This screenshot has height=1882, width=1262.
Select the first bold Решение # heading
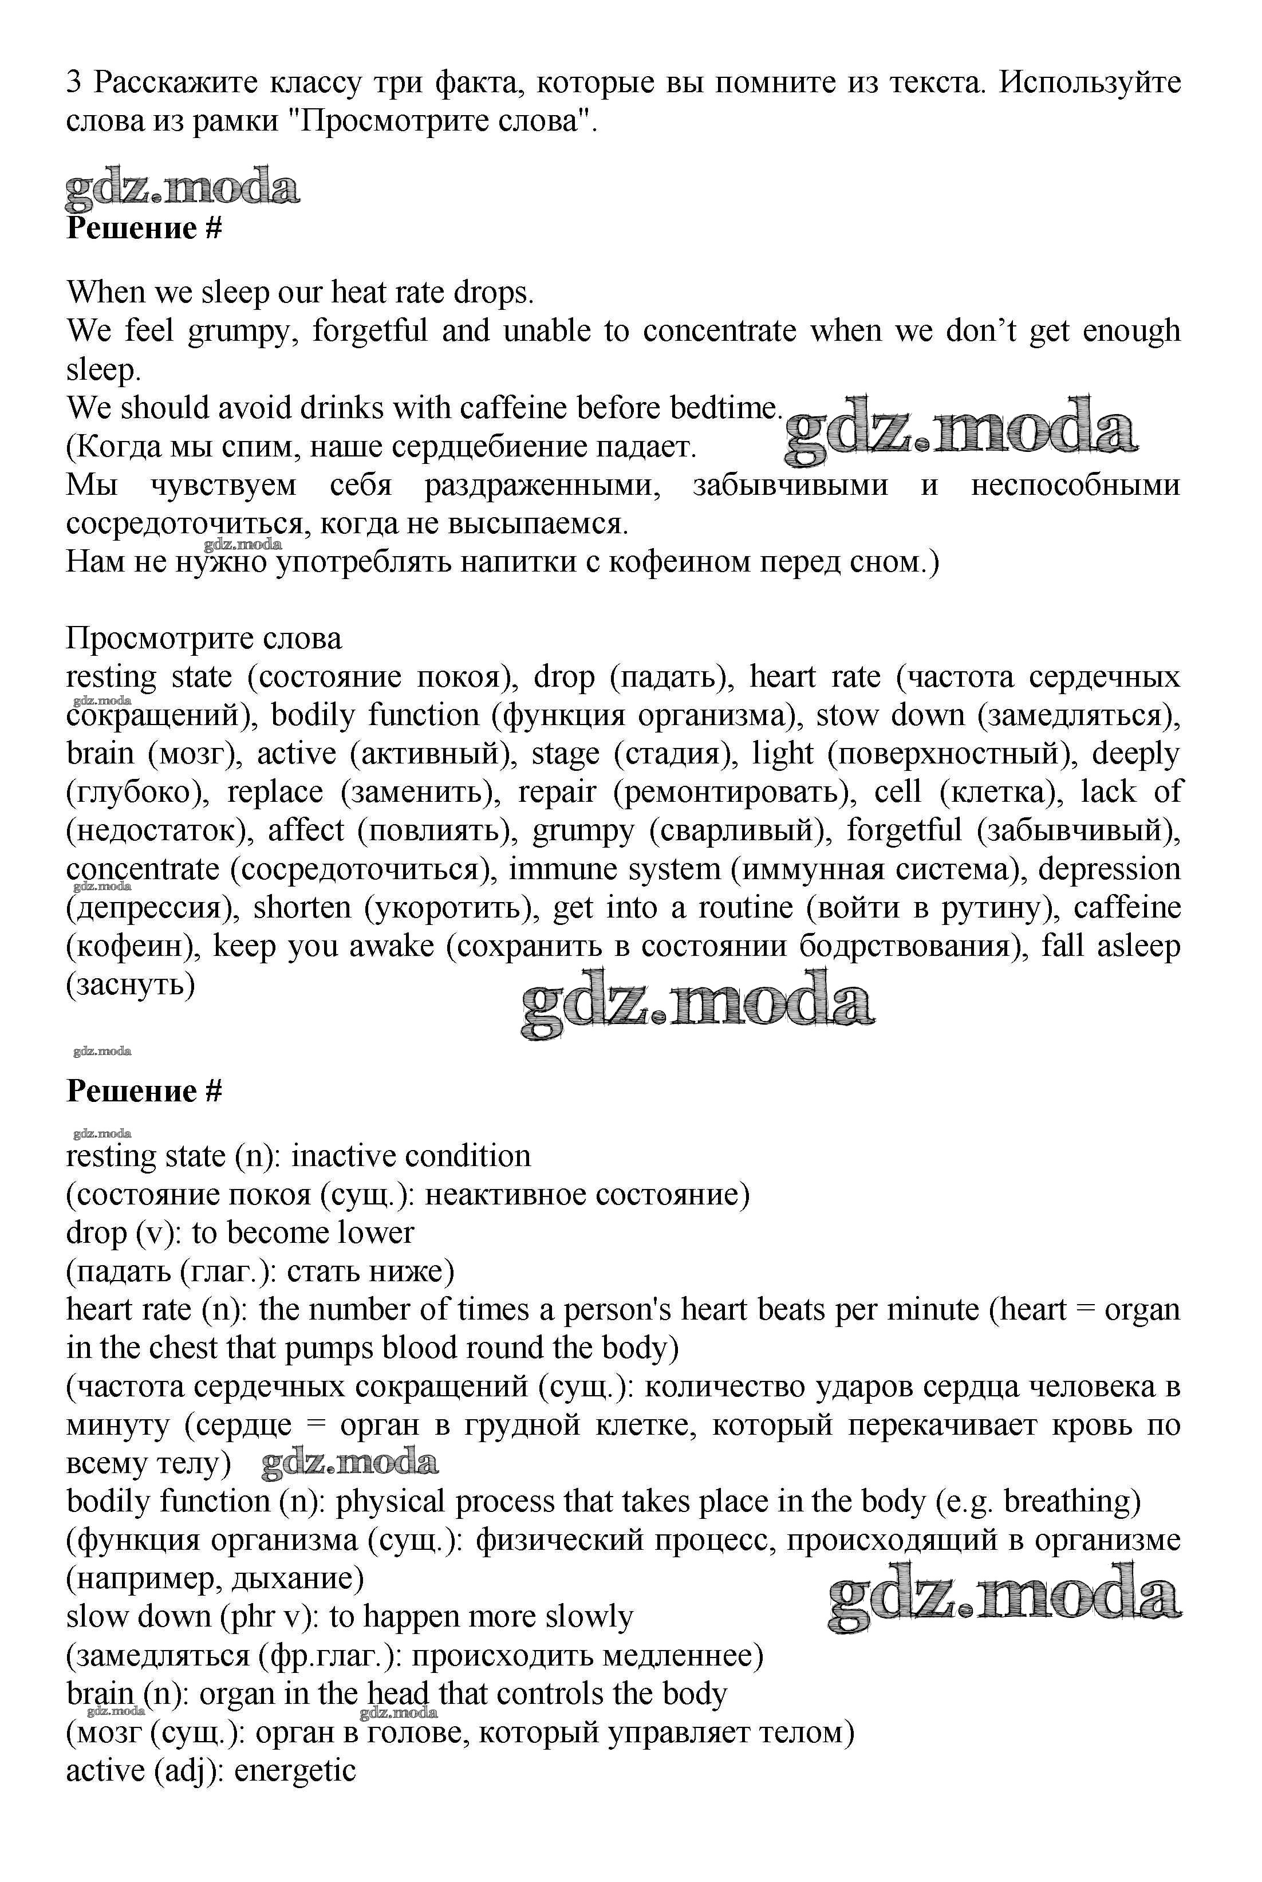click(x=143, y=229)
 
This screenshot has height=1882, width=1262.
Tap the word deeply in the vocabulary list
click(x=1135, y=754)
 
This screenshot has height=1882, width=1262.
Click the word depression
click(x=1109, y=869)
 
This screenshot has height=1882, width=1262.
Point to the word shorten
click(x=303, y=908)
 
